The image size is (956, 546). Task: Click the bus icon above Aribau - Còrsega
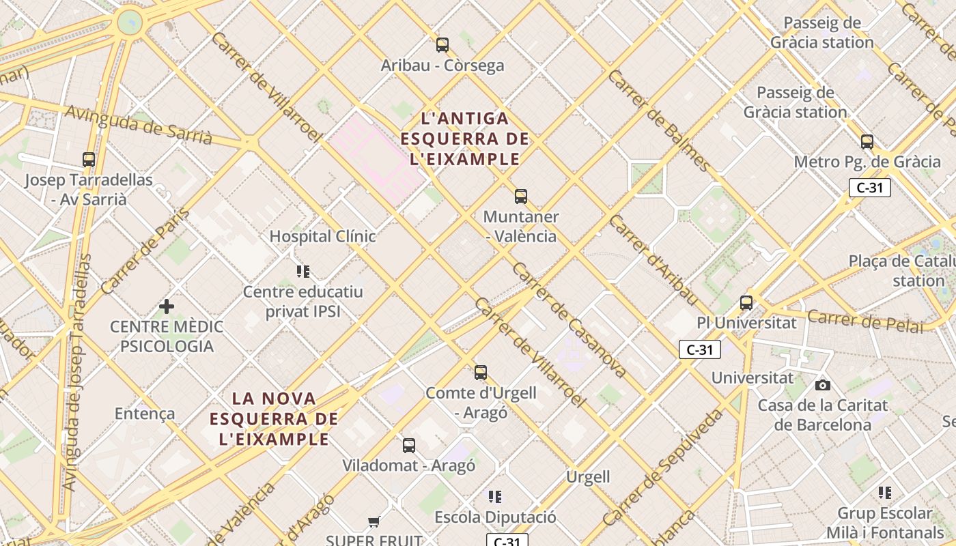click(442, 45)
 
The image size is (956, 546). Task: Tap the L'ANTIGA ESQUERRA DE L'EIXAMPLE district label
click(465, 139)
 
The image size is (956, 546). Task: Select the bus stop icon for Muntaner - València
click(521, 197)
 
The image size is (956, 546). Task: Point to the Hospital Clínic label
click(322, 236)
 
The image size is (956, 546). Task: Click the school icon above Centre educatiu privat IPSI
click(303, 272)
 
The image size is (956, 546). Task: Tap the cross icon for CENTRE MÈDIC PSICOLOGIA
click(166, 306)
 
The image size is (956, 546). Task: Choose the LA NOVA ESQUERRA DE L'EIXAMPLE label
click(275, 418)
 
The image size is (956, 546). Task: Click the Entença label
click(145, 414)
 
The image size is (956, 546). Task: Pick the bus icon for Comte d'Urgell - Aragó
click(481, 372)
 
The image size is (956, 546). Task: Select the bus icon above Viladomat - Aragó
click(409, 446)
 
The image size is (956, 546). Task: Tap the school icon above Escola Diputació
click(495, 496)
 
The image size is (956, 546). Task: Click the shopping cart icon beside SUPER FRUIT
click(374, 522)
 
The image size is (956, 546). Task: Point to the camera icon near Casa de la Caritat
click(823, 385)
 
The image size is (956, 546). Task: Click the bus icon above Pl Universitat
click(746, 302)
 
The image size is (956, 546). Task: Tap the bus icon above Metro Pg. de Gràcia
click(867, 142)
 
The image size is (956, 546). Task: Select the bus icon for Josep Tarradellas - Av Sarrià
click(89, 160)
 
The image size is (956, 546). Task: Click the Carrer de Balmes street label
click(659, 120)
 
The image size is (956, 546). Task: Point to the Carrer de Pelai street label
click(864, 321)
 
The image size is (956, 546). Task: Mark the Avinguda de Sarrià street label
click(139, 124)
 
